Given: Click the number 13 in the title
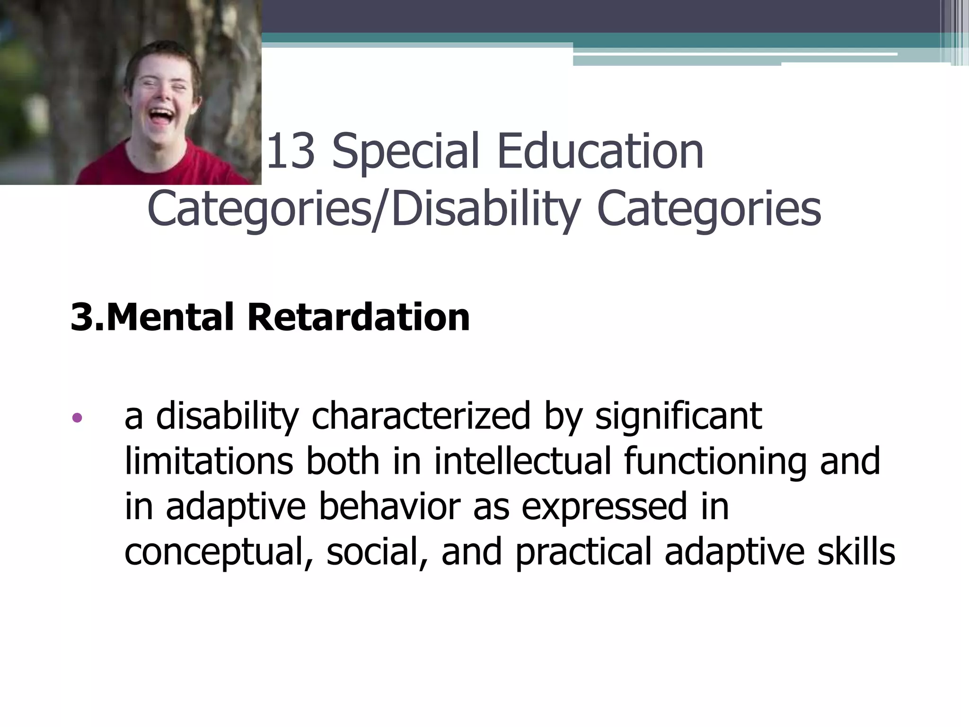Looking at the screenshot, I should [291, 151].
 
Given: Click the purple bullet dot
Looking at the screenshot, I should [77, 418].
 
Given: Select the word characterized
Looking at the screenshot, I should [421, 417].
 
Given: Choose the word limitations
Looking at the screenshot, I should [209, 461].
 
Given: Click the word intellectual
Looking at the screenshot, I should [522, 461].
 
